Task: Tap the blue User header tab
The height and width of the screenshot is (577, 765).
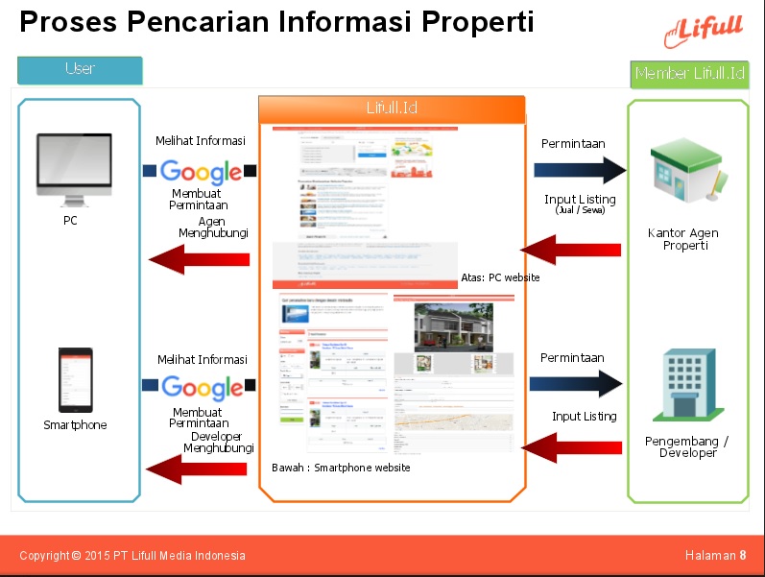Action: click(x=80, y=69)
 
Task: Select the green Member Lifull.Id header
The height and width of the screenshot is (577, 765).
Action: click(x=689, y=74)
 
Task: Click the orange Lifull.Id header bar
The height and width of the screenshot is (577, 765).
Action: click(x=392, y=109)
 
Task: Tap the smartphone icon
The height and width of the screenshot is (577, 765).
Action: click(x=76, y=379)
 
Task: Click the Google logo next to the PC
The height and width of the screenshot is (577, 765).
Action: click(x=201, y=172)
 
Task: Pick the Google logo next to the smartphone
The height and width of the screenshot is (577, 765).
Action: click(x=202, y=387)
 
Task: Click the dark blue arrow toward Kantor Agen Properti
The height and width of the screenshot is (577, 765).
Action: click(x=580, y=171)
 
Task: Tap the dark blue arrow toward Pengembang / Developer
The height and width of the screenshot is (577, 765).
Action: click(x=576, y=384)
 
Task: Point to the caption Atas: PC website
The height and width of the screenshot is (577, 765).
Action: click(x=499, y=277)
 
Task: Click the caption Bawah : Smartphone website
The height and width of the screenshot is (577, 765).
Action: click(x=341, y=468)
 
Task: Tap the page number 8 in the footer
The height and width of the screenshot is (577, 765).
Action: click(x=743, y=556)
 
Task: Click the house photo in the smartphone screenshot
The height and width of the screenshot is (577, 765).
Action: click(x=453, y=327)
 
